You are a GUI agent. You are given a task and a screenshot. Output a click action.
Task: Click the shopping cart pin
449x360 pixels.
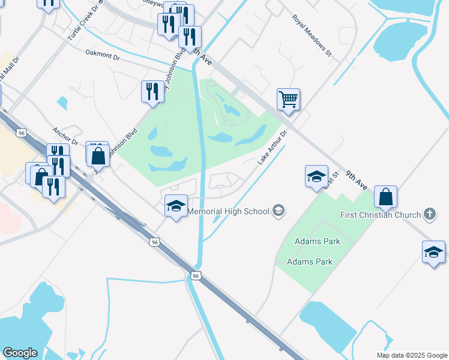tap(288, 99)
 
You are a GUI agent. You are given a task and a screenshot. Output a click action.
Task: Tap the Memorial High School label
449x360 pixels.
tap(229, 211)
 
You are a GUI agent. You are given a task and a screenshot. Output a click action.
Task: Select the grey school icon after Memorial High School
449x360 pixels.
tap(278, 211)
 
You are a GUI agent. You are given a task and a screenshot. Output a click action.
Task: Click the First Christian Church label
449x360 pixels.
tap(381, 214)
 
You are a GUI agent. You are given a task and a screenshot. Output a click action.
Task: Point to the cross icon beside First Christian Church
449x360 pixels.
tap(429, 214)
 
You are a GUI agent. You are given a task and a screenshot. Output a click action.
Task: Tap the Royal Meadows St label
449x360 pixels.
tap(312, 35)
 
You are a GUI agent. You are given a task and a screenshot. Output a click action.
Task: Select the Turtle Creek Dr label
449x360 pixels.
tap(84, 22)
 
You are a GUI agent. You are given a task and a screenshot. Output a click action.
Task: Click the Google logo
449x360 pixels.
tap(20, 353)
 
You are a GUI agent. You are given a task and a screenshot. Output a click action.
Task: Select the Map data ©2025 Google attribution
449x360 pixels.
tap(411, 355)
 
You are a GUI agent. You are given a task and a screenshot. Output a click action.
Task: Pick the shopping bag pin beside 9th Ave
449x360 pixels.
tap(385, 196)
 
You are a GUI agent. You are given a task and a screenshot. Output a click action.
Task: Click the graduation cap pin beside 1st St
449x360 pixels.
tap(316, 176)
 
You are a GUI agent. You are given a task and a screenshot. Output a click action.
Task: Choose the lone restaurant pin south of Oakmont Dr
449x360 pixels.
tap(152, 91)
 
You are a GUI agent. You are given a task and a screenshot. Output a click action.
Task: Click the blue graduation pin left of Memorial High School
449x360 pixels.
tap(176, 206)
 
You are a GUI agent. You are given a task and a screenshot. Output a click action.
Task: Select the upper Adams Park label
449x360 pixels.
tap(317, 241)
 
